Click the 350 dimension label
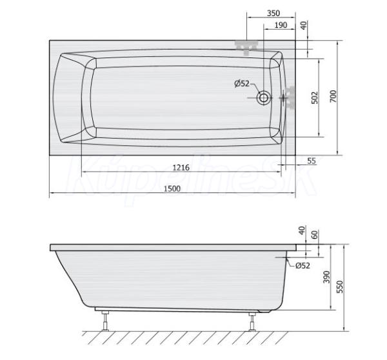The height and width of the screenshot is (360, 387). coord(273,13)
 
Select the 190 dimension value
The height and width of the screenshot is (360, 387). coord(281,25)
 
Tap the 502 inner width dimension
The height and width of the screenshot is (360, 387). coord(315,97)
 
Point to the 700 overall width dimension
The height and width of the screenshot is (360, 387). coord(333,96)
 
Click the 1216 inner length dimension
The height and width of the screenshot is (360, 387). coord(181,168)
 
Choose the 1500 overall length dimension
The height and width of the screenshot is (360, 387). coord(172,188)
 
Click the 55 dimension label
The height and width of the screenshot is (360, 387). coord(312,161)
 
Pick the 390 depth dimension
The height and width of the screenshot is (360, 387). coord(326,277)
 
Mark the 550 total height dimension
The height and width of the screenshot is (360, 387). coord(340,286)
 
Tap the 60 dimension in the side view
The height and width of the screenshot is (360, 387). coord(315,235)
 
